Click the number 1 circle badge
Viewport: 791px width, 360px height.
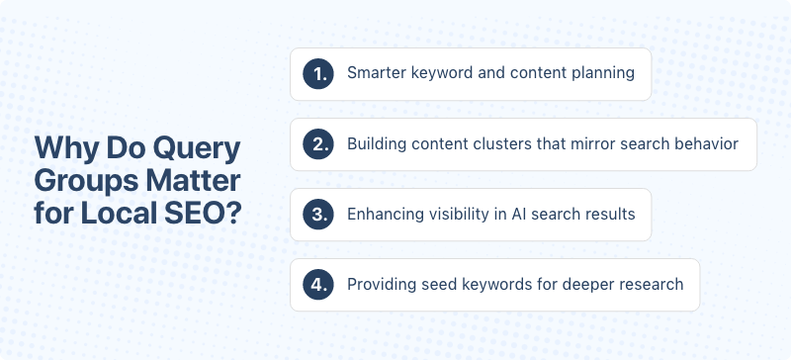318,73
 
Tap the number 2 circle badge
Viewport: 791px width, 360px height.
318,143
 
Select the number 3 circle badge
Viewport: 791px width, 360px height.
318,214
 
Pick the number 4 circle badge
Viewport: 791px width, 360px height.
318,284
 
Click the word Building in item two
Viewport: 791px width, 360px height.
376,144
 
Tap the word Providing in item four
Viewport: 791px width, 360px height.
379,285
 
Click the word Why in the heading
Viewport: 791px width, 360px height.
61,148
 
